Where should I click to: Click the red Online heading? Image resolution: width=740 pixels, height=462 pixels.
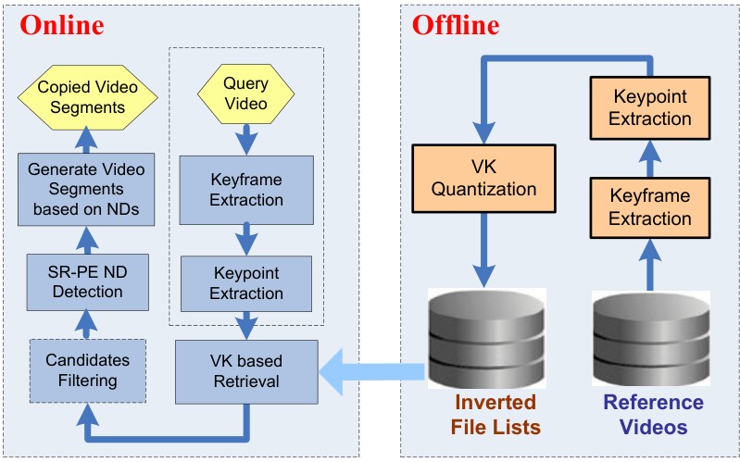pos(62,26)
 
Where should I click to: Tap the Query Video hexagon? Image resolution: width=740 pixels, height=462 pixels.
pos(246,94)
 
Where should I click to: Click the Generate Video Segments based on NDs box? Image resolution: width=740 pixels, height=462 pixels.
pos(85,190)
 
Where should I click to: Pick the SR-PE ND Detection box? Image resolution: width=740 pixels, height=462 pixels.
pos(85,281)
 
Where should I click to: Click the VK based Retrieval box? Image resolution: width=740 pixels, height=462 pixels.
pos(245,369)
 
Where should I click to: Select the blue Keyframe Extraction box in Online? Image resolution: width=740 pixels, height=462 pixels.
pos(245,189)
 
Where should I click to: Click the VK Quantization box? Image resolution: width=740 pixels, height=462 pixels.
pos(484,179)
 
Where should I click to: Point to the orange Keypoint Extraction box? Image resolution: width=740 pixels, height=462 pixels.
pos(650,107)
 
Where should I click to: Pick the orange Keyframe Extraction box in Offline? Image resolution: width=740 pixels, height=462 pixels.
pos(650,207)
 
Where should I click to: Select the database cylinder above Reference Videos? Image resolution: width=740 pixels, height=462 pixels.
pos(650,337)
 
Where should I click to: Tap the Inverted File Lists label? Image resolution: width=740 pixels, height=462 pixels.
pos(495,415)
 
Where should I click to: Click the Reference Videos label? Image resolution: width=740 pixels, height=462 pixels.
pos(653,415)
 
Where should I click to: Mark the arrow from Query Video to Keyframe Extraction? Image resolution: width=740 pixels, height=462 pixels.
pos(246,139)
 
